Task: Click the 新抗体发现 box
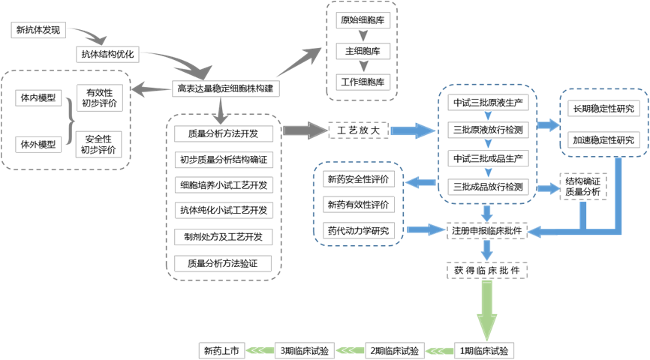click(x=40, y=31)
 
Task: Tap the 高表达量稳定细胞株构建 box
click(x=226, y=89)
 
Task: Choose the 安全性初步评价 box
click(x=100, y=145)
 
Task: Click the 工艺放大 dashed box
click(x=359, y=131)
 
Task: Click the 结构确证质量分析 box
click(x=583, y=187)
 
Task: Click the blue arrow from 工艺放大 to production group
click(x=412, y=131)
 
